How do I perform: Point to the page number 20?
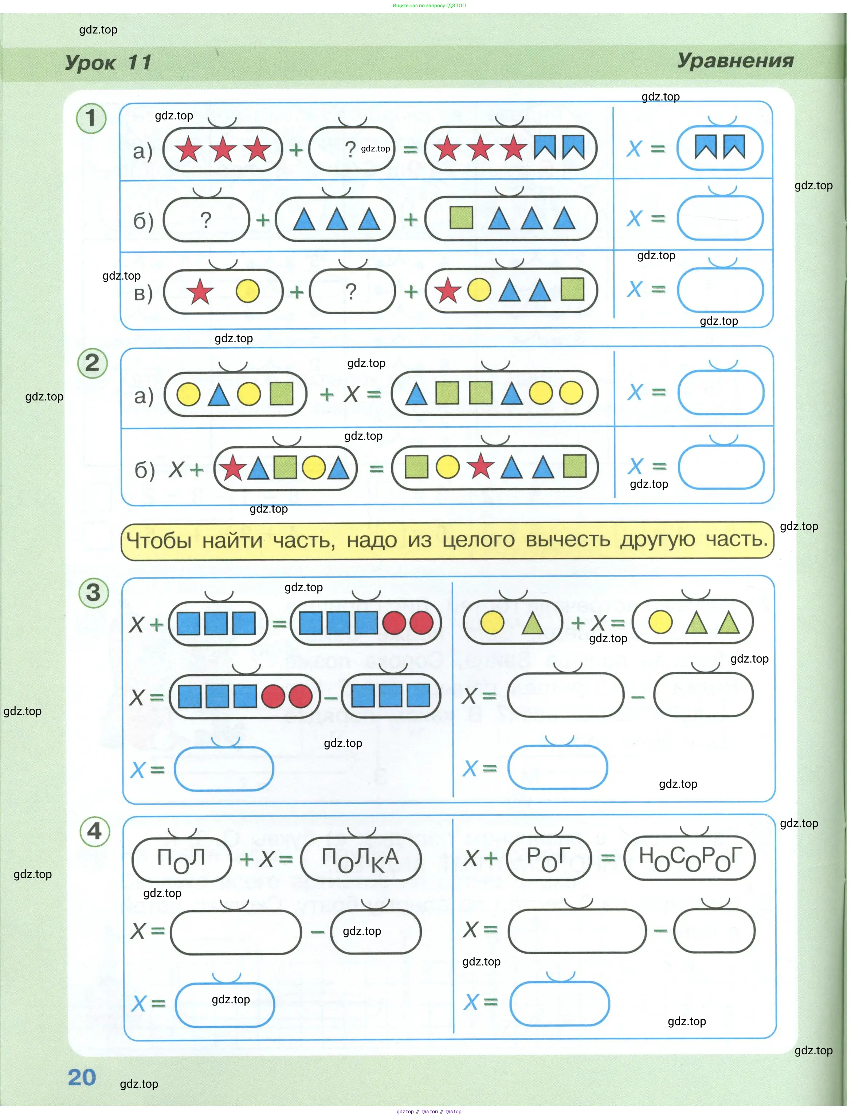click(x=82, y=1077)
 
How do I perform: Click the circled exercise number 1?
click(x=91, y=118)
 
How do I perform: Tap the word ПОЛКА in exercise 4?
click(x=361, y=859)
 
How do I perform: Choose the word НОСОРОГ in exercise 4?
click(x=690, y=858)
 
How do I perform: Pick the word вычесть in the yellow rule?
click(x=568, y=540)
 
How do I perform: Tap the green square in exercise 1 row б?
click(x=461, y=218)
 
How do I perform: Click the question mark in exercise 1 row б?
click(x=205, y=220)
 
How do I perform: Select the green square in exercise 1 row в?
click(x=572, y=289)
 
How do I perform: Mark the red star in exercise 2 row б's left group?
click(x=233, y=467)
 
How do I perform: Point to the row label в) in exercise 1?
click(x=143, y=293)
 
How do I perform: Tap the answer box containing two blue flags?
click(x=720, y=148)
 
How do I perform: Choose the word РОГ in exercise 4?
click(x=549, y=858)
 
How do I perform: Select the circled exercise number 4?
click(x=95, y=831)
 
